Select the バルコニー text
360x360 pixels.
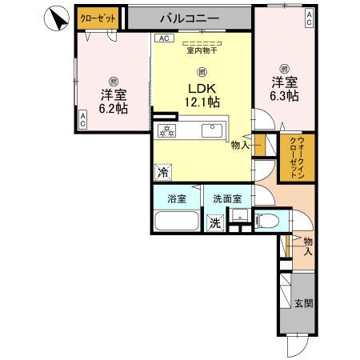[x=190, y=16]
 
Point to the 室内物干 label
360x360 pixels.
[x=202, y=50]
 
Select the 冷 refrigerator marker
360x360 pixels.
[x=163, y=170]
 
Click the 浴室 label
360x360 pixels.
[x=177, y=199]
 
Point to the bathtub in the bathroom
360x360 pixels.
[x=176, y=222]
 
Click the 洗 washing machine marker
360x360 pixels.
[x=214, y=223]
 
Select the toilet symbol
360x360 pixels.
[x=268, y=221]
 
